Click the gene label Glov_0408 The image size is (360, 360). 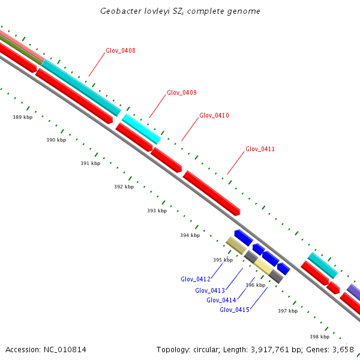click(x=120, y=50)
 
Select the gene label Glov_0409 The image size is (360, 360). click(x=181, y=92)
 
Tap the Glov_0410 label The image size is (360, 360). click(x=214, y=115)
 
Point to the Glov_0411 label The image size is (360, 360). click(x=260, y=149)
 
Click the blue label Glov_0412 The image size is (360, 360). click(x=195, y=279)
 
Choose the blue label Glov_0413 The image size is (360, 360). click(x=209, y=290)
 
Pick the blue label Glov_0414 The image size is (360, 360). click(x=221, y=300)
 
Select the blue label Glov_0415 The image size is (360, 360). click(x=234, y=310)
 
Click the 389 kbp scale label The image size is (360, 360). click(x=22, y=117)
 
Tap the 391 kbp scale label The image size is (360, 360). click(x=90, y=163)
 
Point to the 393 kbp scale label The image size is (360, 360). click(x=157, y=211)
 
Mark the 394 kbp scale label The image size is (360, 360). click(x=190, y=235)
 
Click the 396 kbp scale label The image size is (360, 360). click(x=256, y=285)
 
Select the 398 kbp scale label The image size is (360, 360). click(x=319, y=337)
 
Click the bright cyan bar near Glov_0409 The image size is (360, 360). click(x=142, y=128)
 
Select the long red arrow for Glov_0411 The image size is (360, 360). click(x=211, y=193)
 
